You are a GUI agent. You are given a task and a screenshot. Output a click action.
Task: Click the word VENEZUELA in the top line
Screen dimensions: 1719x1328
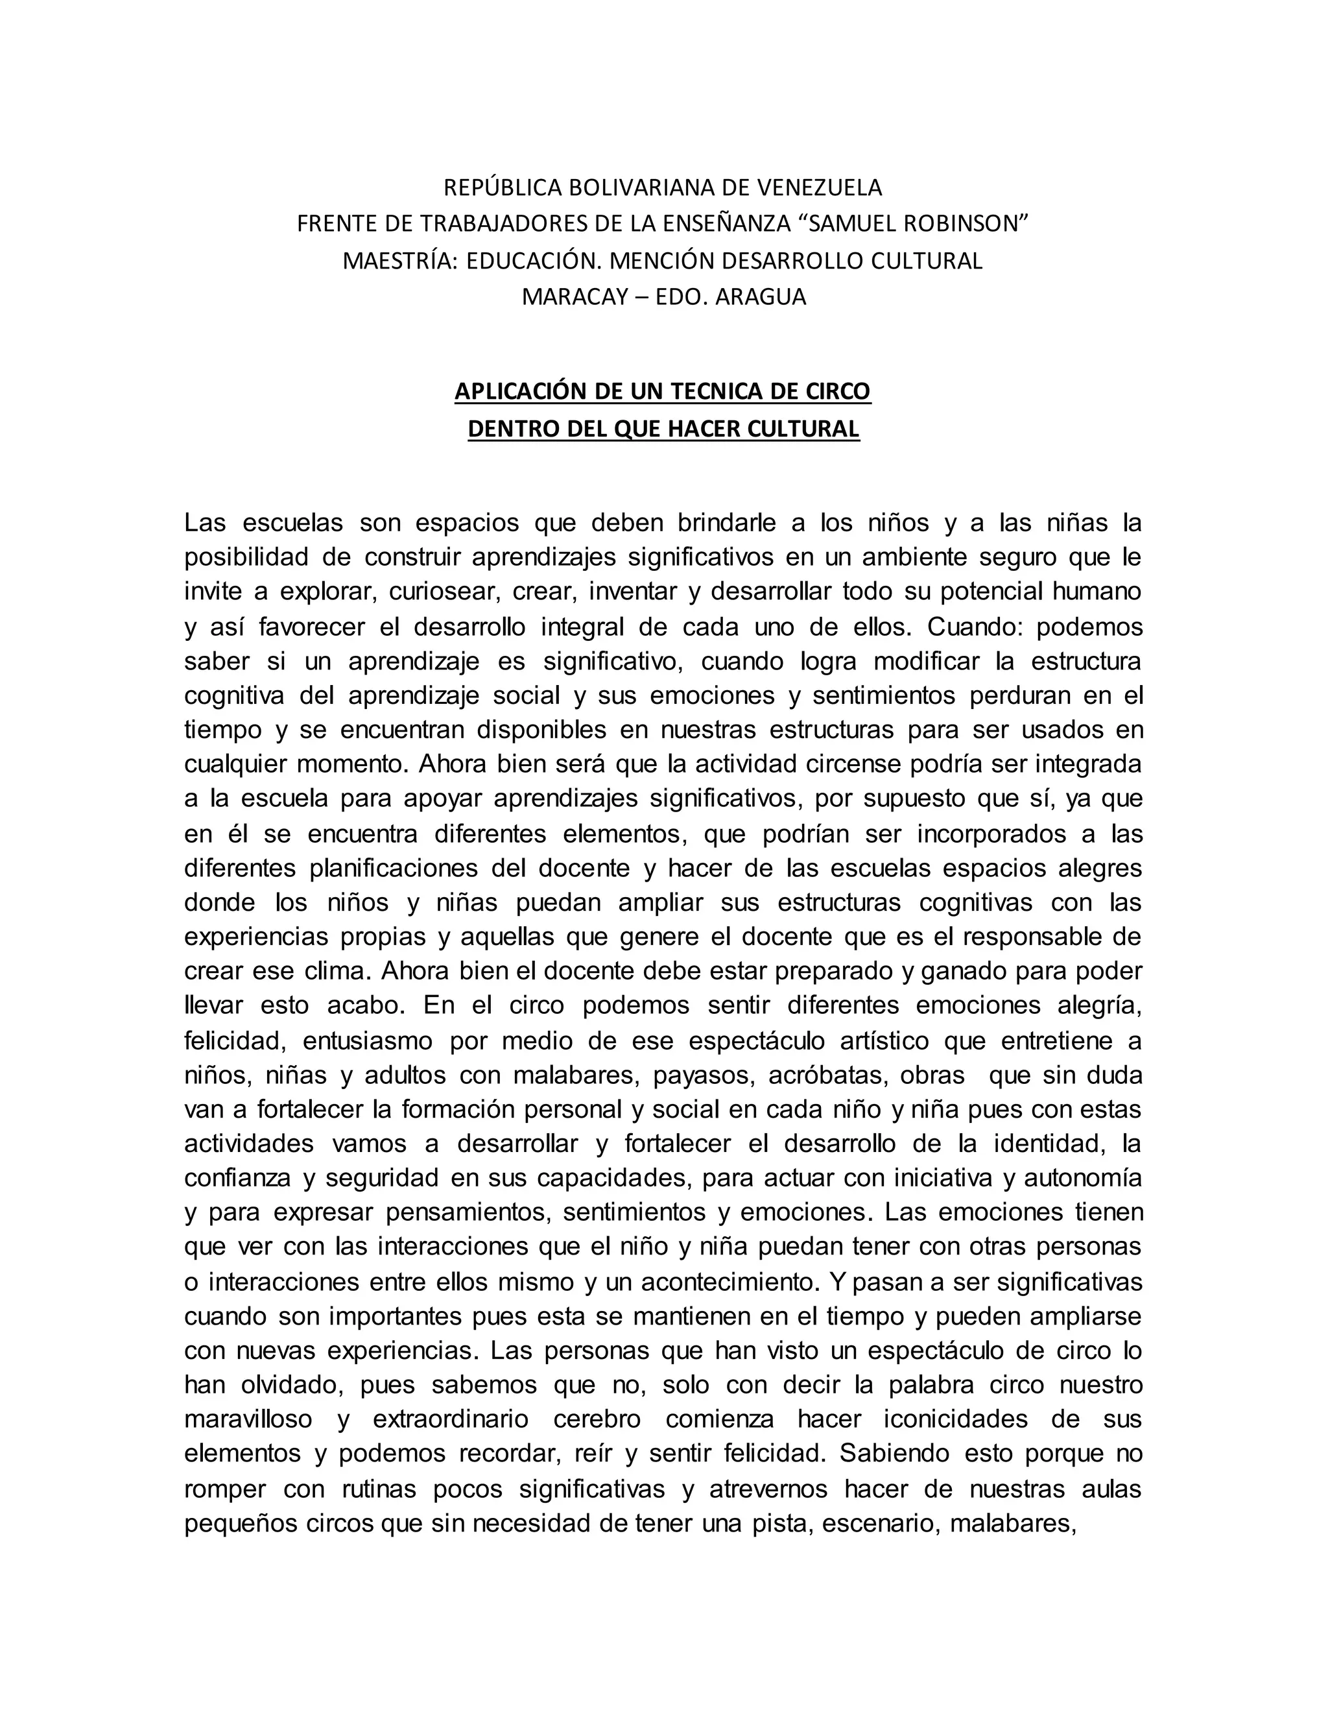coord(819,187)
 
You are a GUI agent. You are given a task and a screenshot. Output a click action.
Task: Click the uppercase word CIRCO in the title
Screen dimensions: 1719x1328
coord(838,391)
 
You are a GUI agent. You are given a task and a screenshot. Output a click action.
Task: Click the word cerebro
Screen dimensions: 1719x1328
coord(597,1419)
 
